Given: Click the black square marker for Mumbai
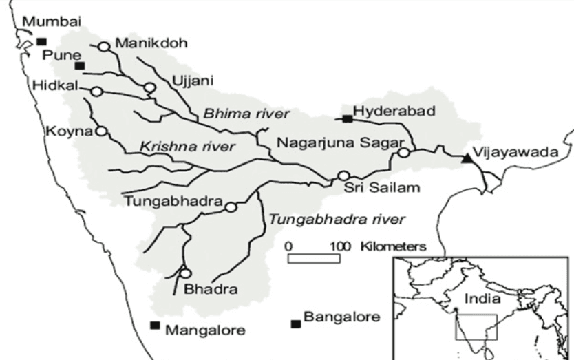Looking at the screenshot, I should tap(41, 41).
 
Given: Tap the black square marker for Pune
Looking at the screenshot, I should tap(80, 66).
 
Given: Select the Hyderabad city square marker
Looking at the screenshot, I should tap(348, 119).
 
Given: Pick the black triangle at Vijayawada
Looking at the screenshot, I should tap(467, 158).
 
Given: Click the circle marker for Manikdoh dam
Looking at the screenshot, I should tap(103, 46).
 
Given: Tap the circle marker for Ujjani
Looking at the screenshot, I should tap(149, 87).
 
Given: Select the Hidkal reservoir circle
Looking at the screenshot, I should tap(97, 92).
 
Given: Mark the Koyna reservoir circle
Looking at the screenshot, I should tap(101, 131).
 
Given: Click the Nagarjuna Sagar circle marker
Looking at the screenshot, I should tap(404, 153).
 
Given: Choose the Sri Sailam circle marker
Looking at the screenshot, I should tap(343, 176).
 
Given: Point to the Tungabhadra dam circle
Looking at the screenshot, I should tap(231, 207).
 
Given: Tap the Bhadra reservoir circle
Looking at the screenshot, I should tap(185, 273).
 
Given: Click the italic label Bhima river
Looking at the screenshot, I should tap(246, 114).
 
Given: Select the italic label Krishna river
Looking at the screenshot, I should tap(187, 147).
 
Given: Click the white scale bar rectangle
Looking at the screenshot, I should tap(314, 258).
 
